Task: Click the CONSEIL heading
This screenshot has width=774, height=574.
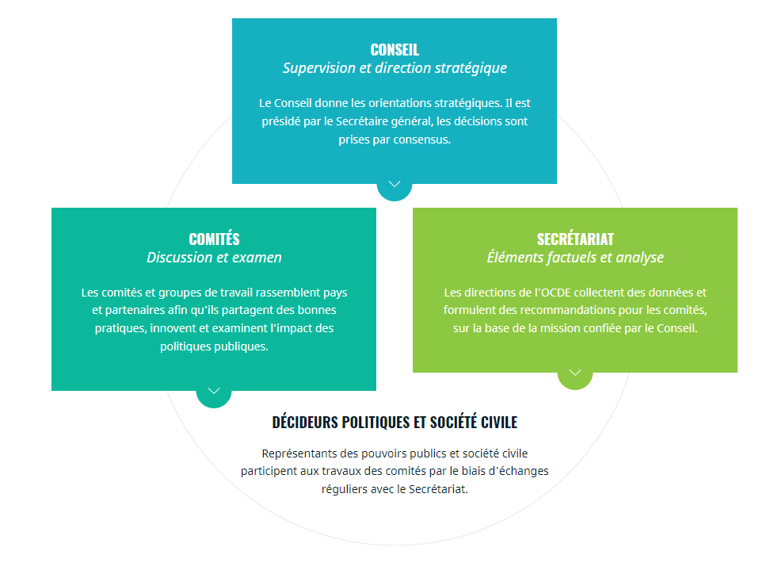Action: click(395, 50)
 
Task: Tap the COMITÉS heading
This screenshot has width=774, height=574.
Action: click(214, 239)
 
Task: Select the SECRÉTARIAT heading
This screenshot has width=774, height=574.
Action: click(575, 239)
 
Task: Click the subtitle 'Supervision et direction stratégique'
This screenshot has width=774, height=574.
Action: click(395, 68)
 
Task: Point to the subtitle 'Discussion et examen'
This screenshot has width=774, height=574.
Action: click(214, 258)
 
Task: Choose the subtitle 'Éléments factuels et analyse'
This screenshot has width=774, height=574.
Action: click(575, 258)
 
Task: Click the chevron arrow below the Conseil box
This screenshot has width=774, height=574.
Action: click(395, 184)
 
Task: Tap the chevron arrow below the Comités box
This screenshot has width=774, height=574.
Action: click(214, 391)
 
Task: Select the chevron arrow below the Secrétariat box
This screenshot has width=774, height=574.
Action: click(575, 373)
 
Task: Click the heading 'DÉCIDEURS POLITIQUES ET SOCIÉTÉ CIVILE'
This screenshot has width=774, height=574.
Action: click(395, 423)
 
